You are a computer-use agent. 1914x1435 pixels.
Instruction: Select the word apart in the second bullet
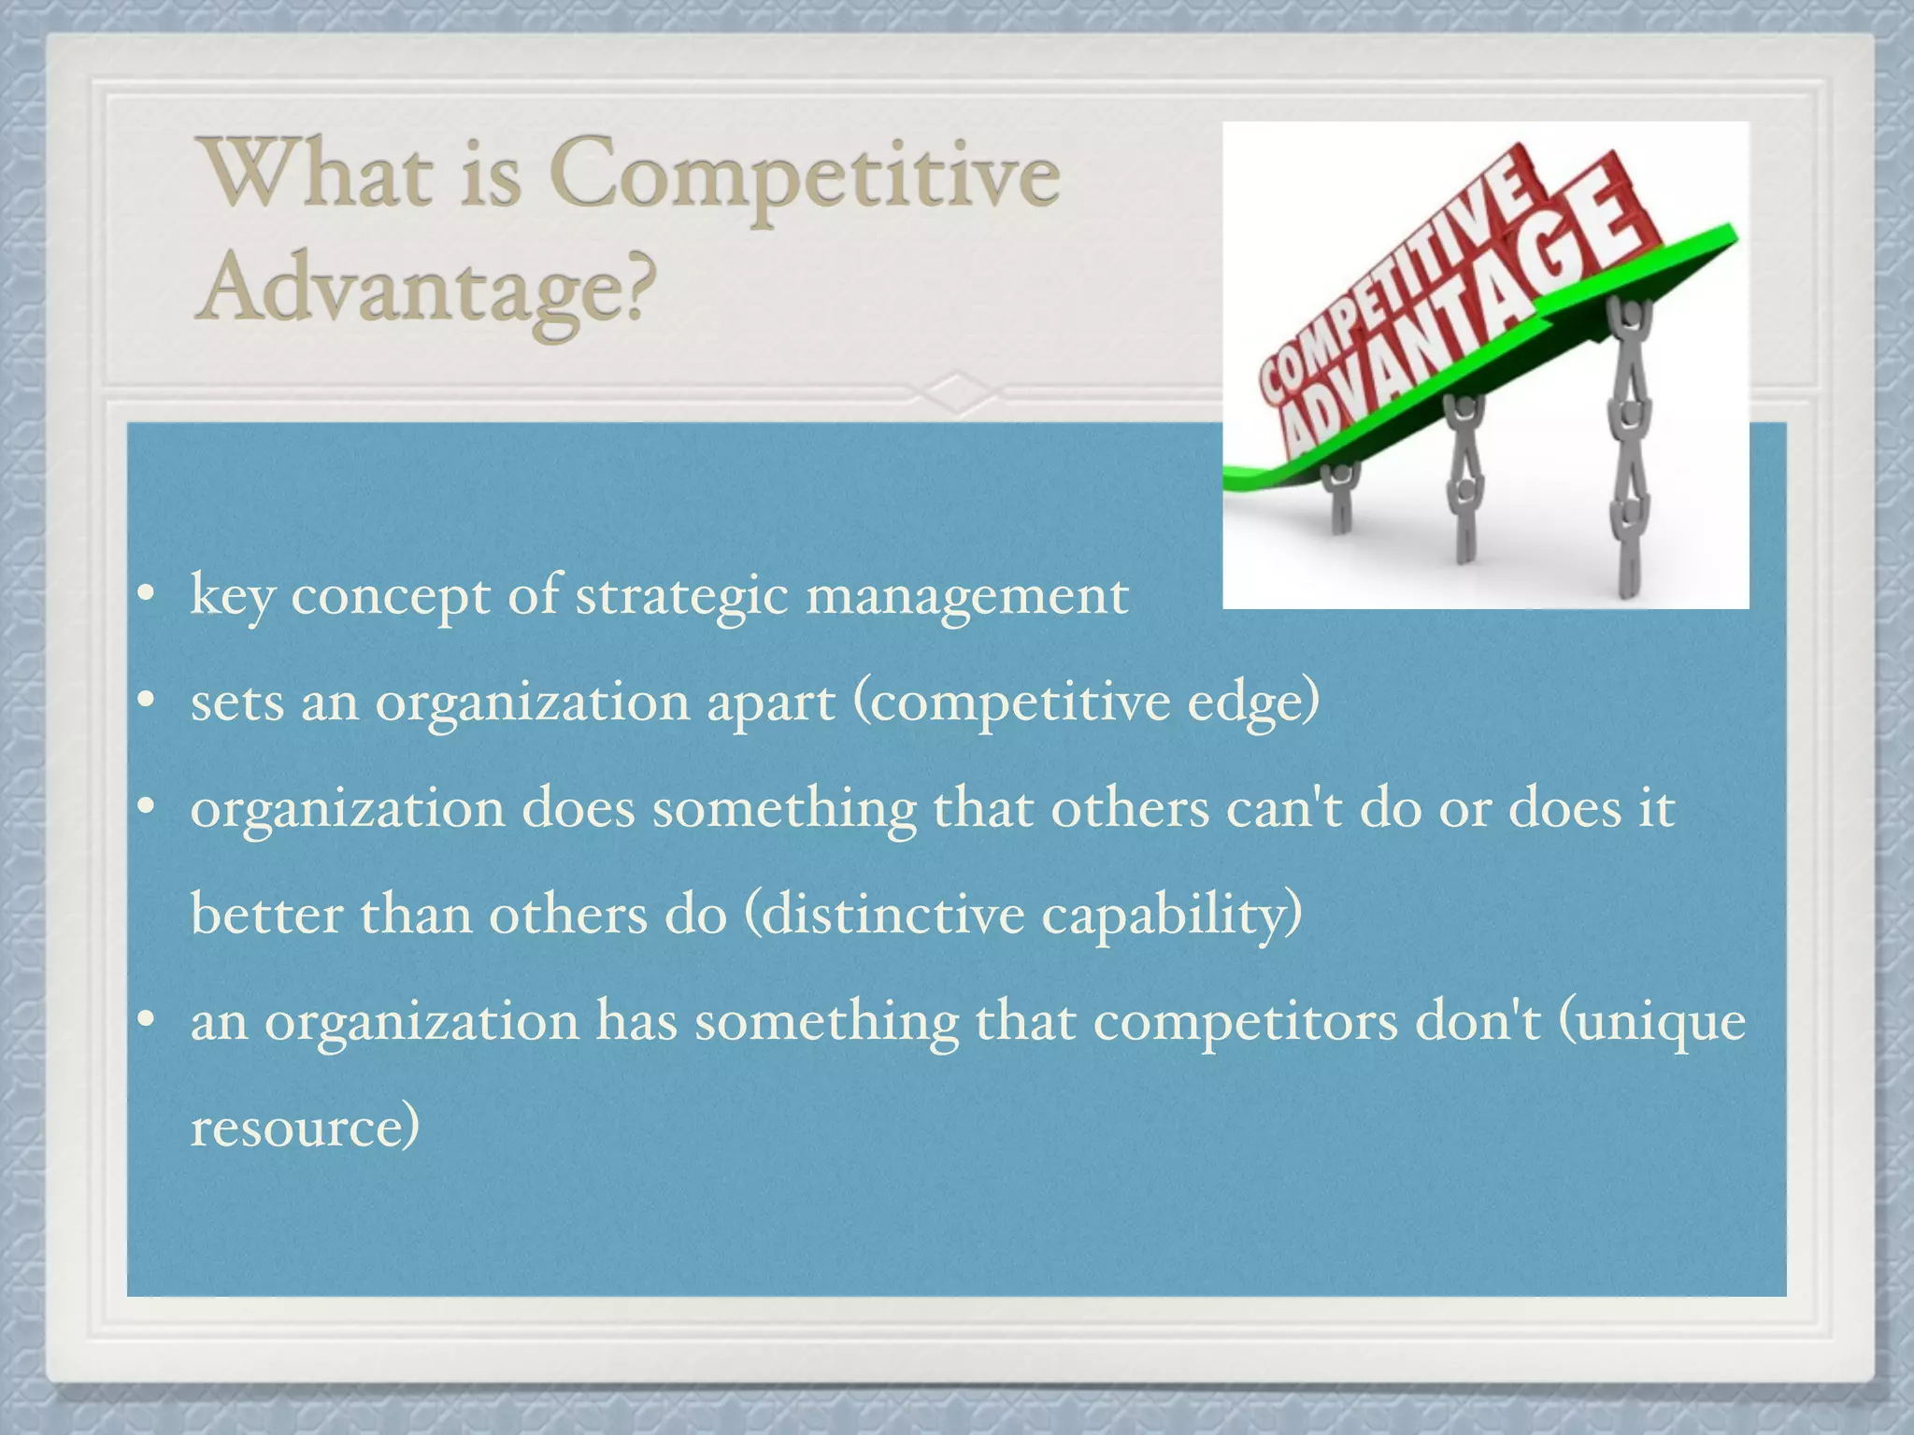click(770, 703)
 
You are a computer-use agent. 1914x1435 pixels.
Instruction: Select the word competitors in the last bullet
click(1245, 1021)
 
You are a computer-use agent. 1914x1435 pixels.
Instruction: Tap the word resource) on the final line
click(305, 1127)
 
